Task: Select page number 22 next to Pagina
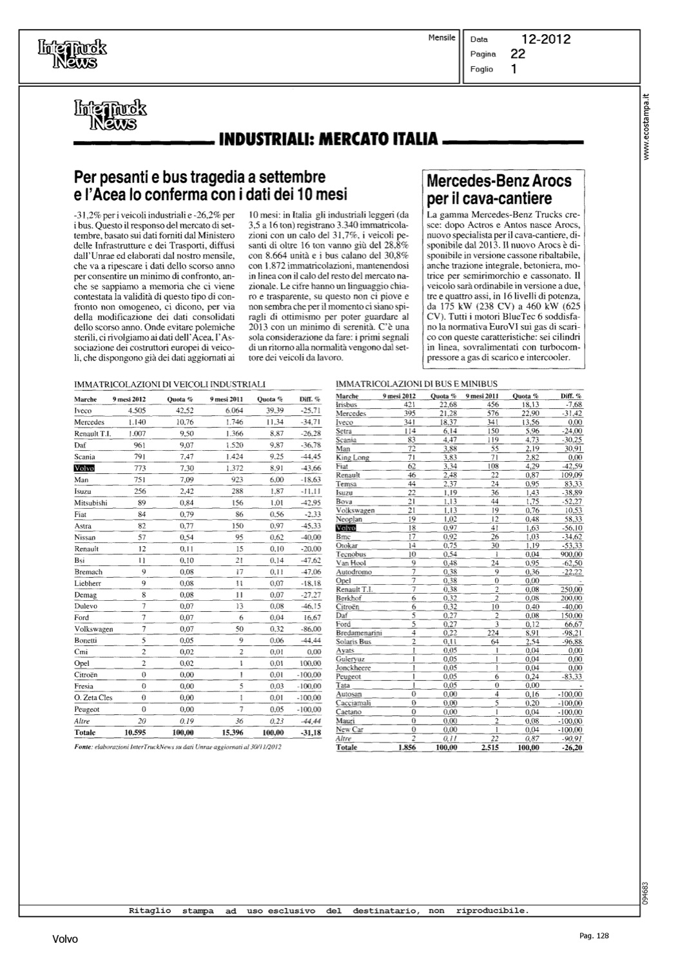[518, 54]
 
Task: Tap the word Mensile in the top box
[442, 38]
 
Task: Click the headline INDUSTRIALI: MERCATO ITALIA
[329, 139]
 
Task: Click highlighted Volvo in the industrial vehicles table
[85, 468]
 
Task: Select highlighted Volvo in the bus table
[345, 528]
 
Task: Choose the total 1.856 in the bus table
[407, 748]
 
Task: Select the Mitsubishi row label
[91, 503]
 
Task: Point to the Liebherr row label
[88, 583]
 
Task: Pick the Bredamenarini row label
[359, 633]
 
